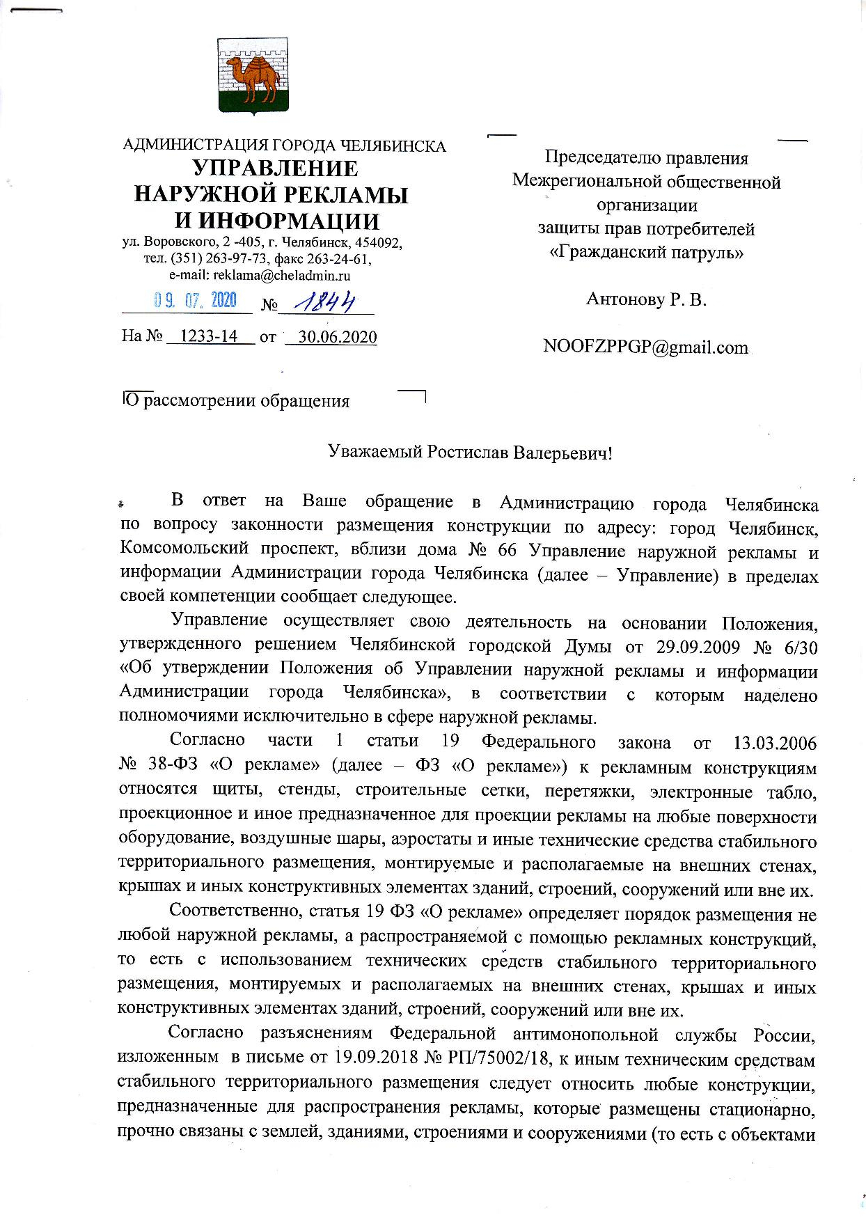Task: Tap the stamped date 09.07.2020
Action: click(x=195, y=300)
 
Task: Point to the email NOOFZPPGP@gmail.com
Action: click(x=645, y=347)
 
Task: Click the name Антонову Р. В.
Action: click(x=646, y=299)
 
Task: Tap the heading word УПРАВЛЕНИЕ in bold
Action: click(x=275, y=168)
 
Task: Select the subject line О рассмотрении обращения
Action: click(x=236, y=402)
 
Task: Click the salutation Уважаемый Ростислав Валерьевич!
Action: click(x=471, y=453)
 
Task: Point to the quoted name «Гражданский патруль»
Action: click(x=646, y=252)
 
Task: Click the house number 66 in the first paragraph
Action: click(x=507, y=551)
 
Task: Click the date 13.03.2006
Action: click(x=776, y=742)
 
